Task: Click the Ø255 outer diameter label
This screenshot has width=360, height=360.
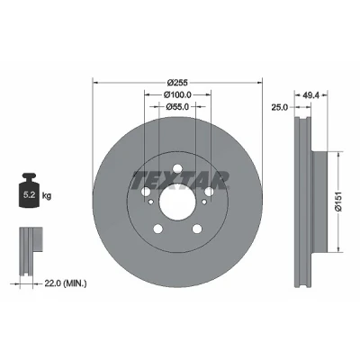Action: [x=177, y=82]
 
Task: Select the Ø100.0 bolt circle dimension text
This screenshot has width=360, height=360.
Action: [x=177, y=94]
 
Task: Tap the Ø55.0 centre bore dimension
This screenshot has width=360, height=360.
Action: [x=177, y=106]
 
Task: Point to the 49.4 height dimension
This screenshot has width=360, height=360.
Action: [x=310, y=95]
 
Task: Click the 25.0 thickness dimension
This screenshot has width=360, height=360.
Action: [x=280, y=107]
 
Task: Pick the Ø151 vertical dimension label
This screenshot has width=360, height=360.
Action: [x=338, y=202]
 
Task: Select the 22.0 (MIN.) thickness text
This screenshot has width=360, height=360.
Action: [x=66, y=283]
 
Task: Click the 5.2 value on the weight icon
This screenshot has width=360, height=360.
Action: [x=30, y=195]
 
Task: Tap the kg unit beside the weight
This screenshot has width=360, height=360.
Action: [x=47, y=196]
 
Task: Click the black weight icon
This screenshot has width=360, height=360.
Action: [x=29, y=190]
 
